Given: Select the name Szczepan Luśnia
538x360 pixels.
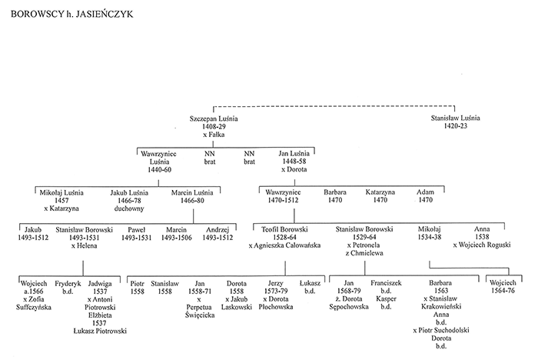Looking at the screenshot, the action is tap(214, 119).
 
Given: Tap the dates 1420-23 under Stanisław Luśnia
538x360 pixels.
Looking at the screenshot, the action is tap(455, 126).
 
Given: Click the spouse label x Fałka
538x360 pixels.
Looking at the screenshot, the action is tap(214, 135).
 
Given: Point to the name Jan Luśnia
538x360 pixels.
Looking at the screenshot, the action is tap(294, 154).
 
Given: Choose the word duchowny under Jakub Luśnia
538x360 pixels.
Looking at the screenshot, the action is tap(129, 208).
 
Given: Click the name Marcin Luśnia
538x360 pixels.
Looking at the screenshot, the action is tap(192, 193).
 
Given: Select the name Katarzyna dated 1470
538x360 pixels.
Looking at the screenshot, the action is tap(380, 192).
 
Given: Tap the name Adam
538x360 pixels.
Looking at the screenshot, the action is tap(426, 192).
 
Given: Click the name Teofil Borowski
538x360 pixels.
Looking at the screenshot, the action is tap(284, 229).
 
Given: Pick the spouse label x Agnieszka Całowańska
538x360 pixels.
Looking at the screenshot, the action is tap(284, 245).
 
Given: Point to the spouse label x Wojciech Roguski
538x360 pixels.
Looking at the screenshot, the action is tap(482, 245).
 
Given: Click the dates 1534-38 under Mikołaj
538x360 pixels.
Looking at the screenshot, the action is tap(429, 237).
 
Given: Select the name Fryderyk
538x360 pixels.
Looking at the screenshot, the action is tap(68, 284).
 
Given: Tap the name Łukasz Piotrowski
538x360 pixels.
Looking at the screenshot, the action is tap(100, 331).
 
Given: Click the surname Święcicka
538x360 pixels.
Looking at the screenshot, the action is tap(200, 315).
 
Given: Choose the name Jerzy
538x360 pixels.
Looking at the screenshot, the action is tap(275, 283).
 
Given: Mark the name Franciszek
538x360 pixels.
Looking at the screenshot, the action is tap(386, 283).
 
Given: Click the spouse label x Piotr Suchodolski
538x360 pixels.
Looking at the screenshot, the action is tap(441, 331).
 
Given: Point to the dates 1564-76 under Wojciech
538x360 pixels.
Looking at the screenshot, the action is tap(503, 291).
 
